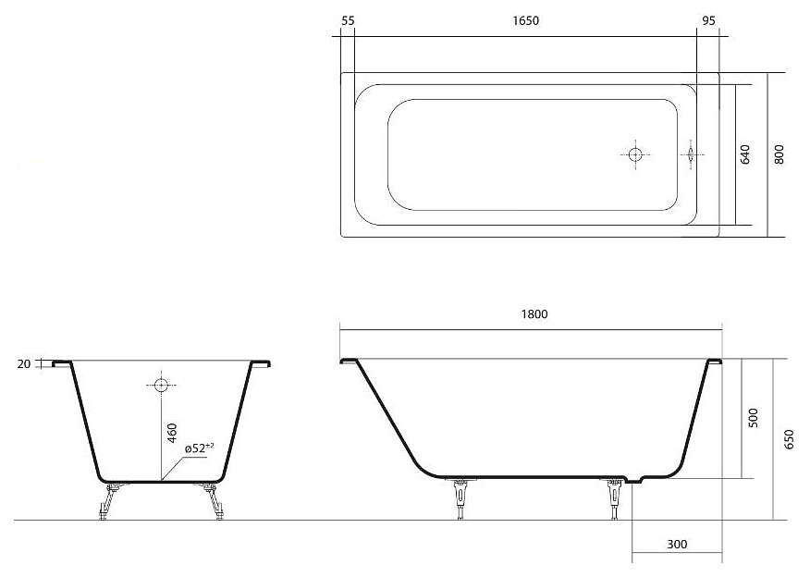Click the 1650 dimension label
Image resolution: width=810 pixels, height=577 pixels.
coord(525,20)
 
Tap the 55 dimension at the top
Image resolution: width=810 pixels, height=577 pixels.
coord(349,20)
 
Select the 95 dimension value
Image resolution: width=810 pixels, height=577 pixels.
coord(708,20)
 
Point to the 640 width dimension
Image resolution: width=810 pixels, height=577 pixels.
coord(745,154)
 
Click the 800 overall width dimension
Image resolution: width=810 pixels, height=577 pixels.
coord(779,154)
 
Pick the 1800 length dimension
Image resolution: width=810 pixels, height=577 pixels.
coord(534,314)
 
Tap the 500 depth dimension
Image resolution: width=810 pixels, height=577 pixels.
coord(754,418)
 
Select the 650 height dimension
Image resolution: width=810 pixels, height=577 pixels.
coord(789,439)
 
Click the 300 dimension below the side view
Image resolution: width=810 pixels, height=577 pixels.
coord(677,544)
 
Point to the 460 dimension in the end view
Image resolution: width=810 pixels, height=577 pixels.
coord(172,433)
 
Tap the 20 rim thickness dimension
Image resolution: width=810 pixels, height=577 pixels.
coord(24,364)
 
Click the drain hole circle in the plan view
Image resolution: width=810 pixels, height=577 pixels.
coord(635,154)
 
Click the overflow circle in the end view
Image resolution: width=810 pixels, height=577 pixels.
coord(161,385)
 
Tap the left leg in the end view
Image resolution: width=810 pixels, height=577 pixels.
coord(109,500)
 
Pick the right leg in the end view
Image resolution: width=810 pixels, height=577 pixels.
coord(213,500)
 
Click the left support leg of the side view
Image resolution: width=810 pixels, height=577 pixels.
coord(460,498)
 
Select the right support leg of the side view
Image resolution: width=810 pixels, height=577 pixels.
coord(614,498)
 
